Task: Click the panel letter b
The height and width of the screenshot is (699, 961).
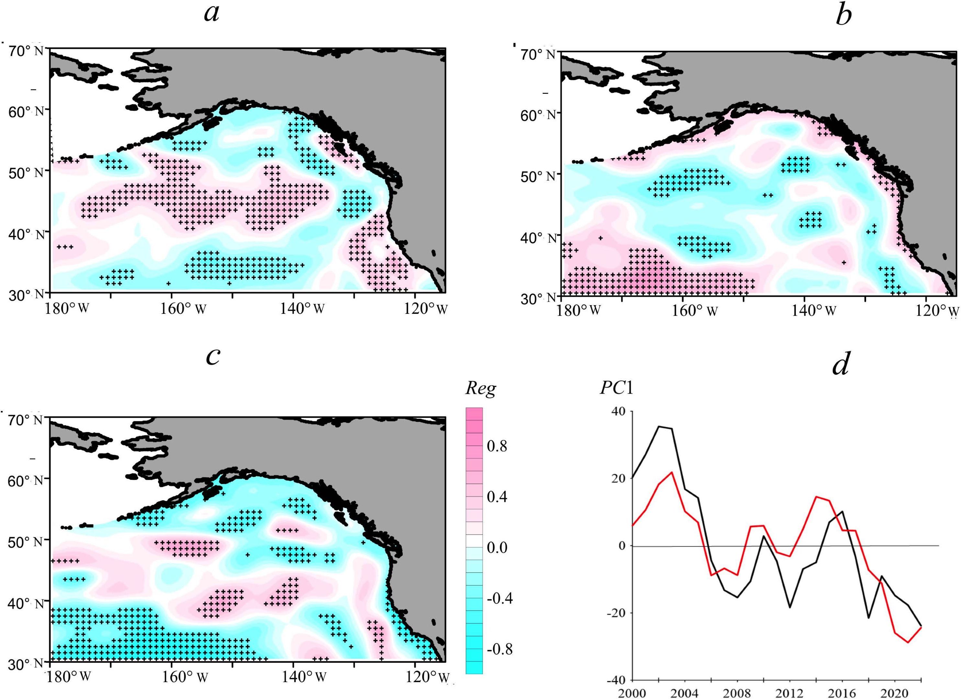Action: tap(843, 16)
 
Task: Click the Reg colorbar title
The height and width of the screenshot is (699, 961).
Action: tap(480, 388)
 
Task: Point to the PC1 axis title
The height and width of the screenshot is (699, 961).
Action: tap(616, 388)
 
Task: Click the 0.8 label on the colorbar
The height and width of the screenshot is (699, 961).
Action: tap(497, 446)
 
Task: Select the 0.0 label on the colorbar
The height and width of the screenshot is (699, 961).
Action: tap(497, 548)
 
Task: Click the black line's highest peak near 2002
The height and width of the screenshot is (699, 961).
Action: tap(659, 426)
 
